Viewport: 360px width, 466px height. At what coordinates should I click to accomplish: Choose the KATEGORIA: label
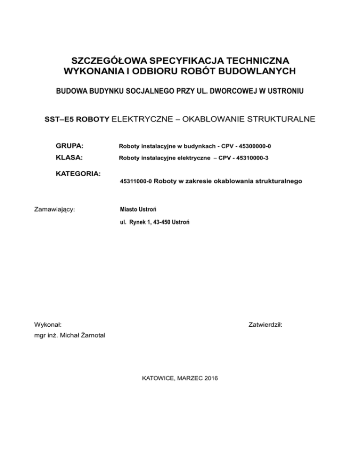click(78, 173)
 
